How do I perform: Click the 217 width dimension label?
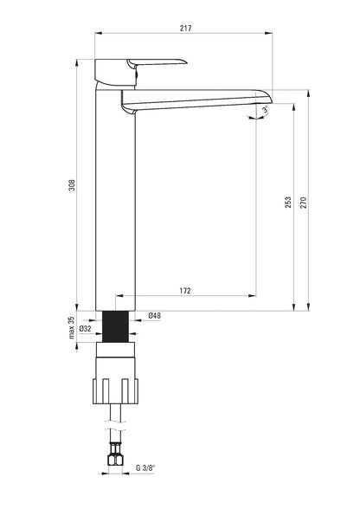186,28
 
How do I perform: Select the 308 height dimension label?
72,185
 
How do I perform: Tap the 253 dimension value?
288,203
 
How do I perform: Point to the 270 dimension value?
303,203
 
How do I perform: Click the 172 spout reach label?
185,291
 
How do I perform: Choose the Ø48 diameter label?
155,315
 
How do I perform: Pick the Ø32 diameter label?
86,329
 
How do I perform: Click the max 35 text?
72,327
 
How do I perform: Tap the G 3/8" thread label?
145,467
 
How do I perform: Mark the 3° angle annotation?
266,110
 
